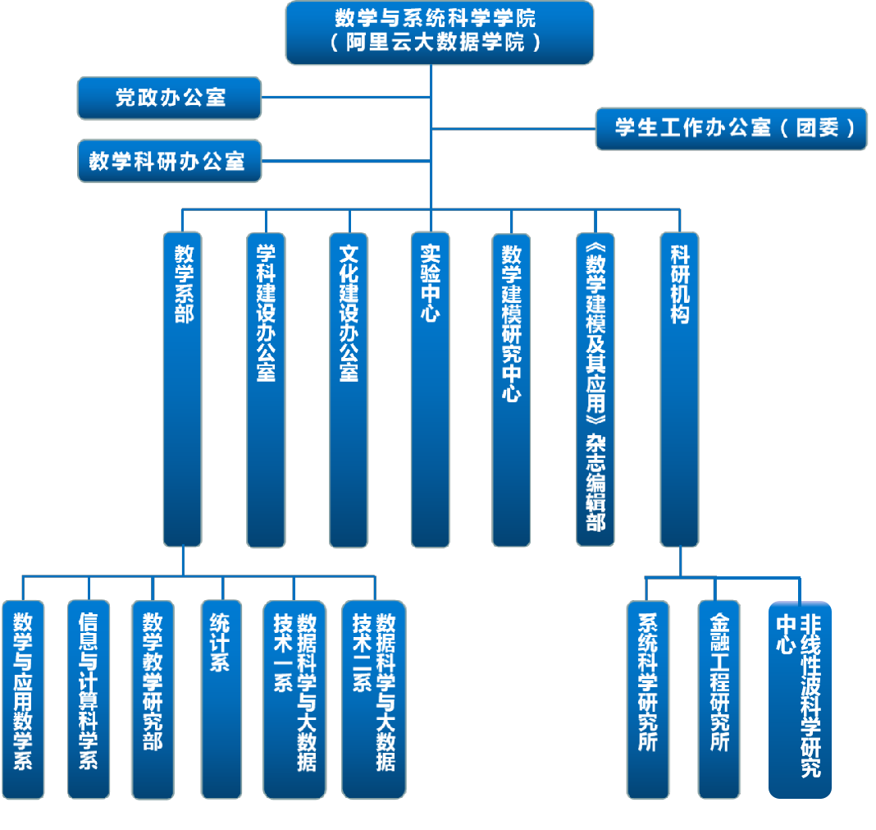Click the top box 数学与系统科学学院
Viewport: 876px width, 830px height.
[439, 33]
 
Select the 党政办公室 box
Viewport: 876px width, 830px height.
[169, 98]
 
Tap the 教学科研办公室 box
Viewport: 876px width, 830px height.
[169, 160]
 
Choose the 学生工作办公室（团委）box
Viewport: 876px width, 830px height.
[731, 128]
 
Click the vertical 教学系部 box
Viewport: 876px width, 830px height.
[183, 390]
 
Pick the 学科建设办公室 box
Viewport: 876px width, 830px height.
[266, 390]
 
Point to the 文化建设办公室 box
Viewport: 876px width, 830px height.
[349, 390]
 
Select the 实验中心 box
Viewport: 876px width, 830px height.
[431, 390]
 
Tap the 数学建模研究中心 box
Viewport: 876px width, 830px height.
[511, 390]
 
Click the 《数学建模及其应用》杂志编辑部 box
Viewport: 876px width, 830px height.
[595, 390]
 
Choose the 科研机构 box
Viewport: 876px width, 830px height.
[679, 390]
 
